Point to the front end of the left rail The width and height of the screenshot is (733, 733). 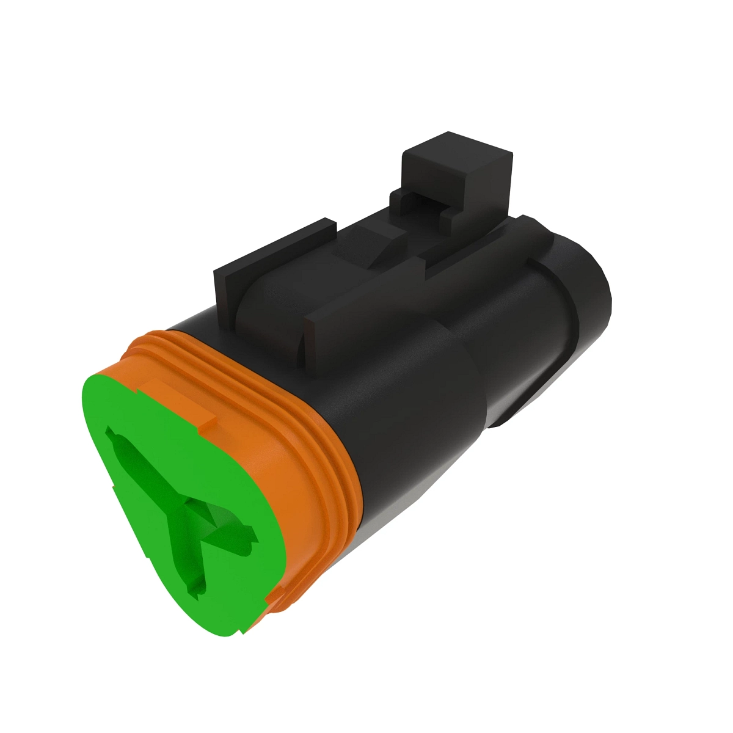pyautogui.click(x=223, y=293)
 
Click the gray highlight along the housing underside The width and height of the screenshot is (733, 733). pyautogui.click(x=428, y=489)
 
